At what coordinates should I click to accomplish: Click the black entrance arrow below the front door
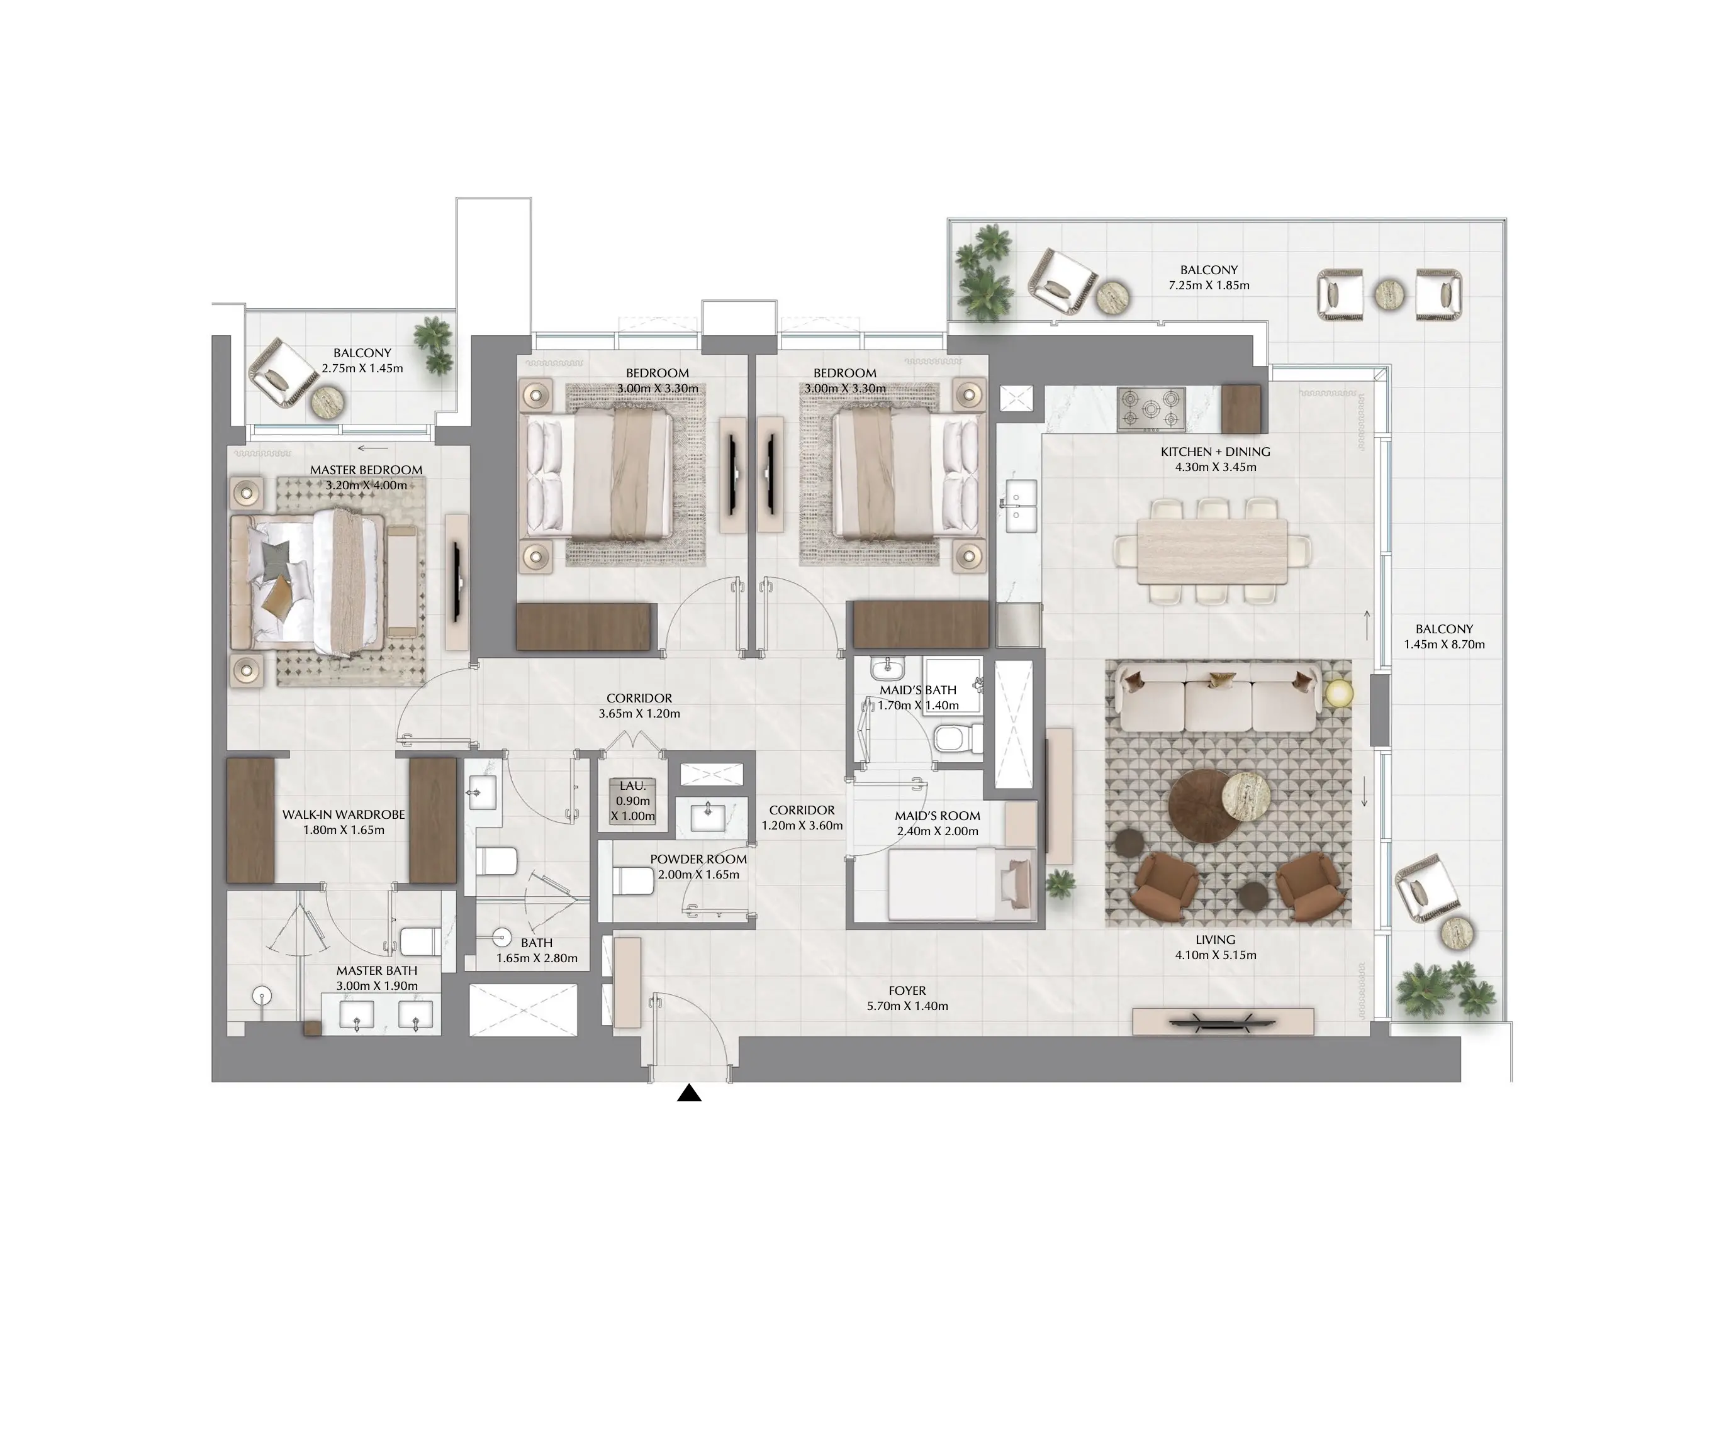click(690, 1093)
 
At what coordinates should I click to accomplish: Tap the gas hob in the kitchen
click(1151, 409)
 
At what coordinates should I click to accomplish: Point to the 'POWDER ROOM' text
click(698, 859)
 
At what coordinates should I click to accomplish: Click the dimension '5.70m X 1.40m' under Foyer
click(908, 1006)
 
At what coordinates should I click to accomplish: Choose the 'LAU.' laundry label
click(633, 785)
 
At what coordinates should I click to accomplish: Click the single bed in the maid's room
click(961, 884)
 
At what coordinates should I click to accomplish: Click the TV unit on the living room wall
click(1223, 1021)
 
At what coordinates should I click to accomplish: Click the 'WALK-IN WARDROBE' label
click(344, 814)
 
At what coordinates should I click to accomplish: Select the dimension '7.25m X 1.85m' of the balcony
click(1209, 286)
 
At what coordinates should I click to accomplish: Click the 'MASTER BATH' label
click(377, 970)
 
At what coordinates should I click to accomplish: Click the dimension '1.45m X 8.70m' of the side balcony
click(1444, 644)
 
